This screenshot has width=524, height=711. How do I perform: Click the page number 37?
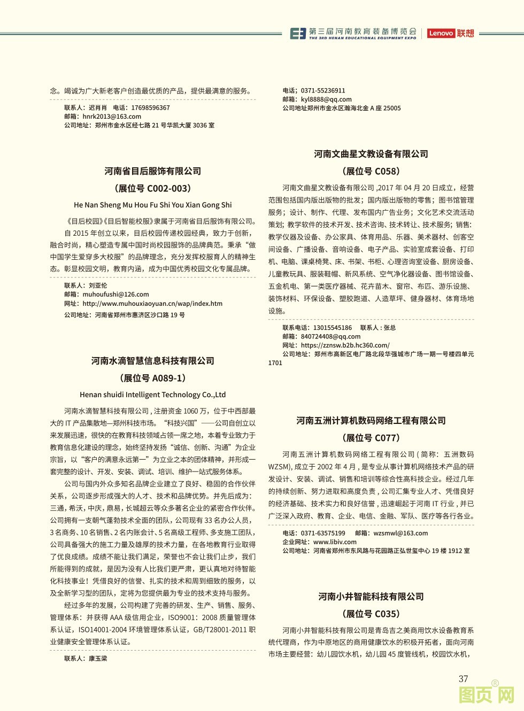[x=463, y=679]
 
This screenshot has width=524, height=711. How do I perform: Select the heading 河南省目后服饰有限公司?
[x=153, y=171]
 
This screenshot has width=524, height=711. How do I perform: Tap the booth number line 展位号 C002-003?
[x=153, y=188]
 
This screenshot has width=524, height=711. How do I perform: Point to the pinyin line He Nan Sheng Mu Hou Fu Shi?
[x=153, y=205]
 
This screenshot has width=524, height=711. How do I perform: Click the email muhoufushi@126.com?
[x=115, y=294]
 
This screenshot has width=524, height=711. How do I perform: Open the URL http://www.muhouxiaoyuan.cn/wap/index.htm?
[x=152, y=303]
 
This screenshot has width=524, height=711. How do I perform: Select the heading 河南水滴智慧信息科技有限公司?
[x=153, y=361]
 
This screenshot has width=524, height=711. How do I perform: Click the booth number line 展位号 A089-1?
[x=153, y=378]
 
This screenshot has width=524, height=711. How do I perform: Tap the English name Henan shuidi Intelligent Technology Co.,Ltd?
[x=153, y=395]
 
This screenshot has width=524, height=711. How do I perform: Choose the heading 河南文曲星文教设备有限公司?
[x=371, y=154]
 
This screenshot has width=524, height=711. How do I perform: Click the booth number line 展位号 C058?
[x=371, y=171]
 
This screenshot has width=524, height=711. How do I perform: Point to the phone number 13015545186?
[x=333, y=328]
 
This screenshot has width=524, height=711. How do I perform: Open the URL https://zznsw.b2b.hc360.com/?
[x=345, y=345]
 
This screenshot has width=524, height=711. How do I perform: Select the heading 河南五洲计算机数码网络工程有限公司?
[x=371, y=421]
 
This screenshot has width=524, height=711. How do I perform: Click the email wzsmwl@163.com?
[x=400, y=533]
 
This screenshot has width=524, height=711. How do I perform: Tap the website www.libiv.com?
[x=335, y=542]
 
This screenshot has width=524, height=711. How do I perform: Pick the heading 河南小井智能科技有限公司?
[x=371, y=597]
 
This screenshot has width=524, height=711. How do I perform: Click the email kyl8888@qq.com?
[x=326, y=99]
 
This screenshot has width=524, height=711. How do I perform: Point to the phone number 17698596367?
[x=150, y=107]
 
